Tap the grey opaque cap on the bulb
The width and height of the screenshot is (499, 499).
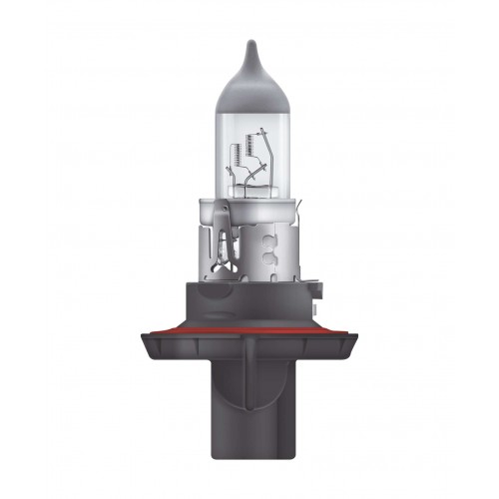(x=249, y=70)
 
